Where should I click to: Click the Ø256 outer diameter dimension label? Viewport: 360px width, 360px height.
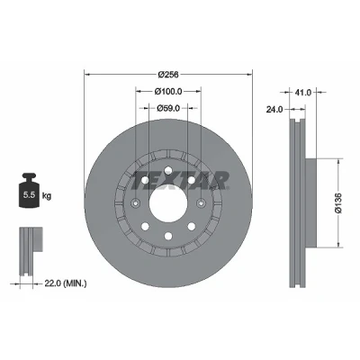click(168, 75)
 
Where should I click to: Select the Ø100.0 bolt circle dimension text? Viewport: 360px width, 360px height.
click(168, 92)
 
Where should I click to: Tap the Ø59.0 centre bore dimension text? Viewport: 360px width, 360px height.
click(168, 108)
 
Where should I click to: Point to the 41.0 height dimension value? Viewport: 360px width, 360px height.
click(303, 93)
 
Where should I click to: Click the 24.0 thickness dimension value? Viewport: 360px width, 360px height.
click(274, 110)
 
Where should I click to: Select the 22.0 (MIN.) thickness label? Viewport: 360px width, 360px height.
click(66, 283)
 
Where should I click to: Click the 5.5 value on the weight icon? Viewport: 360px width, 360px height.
click(30, 195)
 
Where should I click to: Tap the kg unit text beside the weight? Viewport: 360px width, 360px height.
click(47, 196)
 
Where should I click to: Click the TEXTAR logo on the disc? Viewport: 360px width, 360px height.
click(180, 181)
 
